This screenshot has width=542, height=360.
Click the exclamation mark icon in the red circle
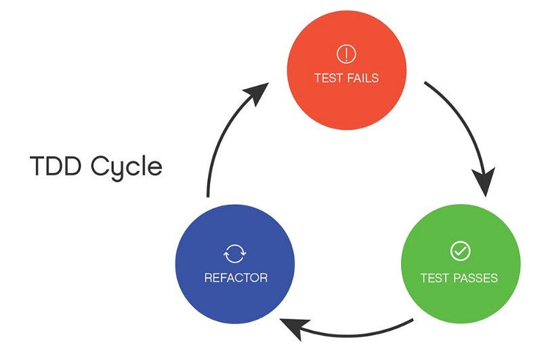point(346,54)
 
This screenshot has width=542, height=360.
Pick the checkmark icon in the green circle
point(459,252)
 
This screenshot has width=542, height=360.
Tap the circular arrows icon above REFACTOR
point(235,254)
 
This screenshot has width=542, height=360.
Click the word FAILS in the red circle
point(362,78)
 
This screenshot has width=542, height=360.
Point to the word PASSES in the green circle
point(476,278)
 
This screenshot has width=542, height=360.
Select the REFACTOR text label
point(235,278)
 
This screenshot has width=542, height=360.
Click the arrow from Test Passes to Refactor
point(352,332)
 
